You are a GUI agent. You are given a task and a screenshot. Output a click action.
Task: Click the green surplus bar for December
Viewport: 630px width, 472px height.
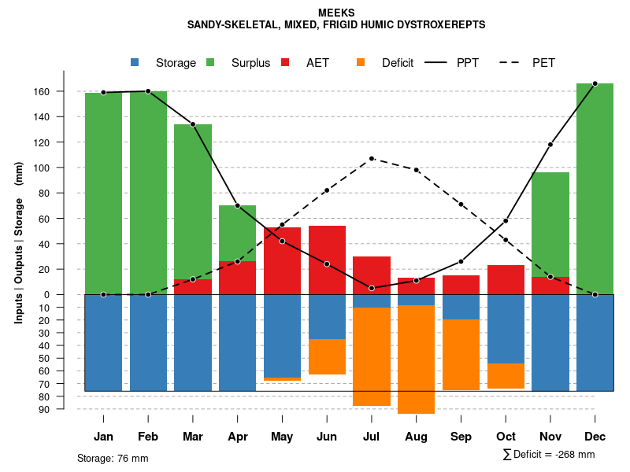(x=595, y=189)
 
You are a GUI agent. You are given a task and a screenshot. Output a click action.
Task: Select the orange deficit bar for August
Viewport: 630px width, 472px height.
(x=416, y=359)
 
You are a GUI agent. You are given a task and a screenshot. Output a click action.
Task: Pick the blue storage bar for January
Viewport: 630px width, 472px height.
(x=103, y=342)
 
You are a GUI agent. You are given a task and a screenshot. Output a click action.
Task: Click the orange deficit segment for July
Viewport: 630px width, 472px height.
(x=372, y=356)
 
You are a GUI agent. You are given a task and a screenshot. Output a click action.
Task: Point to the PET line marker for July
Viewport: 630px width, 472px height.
(x=372, y=159)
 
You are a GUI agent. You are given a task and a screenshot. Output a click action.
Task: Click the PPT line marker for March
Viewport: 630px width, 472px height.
(x=193, y=124)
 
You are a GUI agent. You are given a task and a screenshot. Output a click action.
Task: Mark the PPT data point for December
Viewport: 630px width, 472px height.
(x=595, y=83)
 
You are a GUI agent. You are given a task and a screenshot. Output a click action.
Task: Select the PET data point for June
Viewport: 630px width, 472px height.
(x=327, y=190)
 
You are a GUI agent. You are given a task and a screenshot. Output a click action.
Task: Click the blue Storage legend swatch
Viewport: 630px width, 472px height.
(x=135, y=62)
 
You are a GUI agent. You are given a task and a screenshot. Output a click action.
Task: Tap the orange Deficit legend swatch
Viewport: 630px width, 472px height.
(x=361, y=62)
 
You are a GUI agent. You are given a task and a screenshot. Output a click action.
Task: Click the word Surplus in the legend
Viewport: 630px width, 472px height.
(x=250, y=63)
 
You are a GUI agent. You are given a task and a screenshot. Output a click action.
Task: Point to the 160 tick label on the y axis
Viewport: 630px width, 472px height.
(x=63, y=91)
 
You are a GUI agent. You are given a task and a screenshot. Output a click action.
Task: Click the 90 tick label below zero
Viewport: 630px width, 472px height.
(x=66, y=409)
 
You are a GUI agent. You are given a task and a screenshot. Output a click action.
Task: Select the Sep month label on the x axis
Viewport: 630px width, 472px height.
(x=461, y=437)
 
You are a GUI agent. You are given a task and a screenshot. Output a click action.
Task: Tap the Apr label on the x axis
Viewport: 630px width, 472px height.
(x=238, y=437)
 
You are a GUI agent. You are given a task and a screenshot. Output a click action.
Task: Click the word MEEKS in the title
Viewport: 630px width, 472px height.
(x=336, y=13)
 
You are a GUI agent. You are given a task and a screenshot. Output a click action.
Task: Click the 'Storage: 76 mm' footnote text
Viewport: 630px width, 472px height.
(x=113, y=458)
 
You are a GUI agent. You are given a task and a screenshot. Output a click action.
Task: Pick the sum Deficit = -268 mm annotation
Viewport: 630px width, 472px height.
(x=549, y=455)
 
